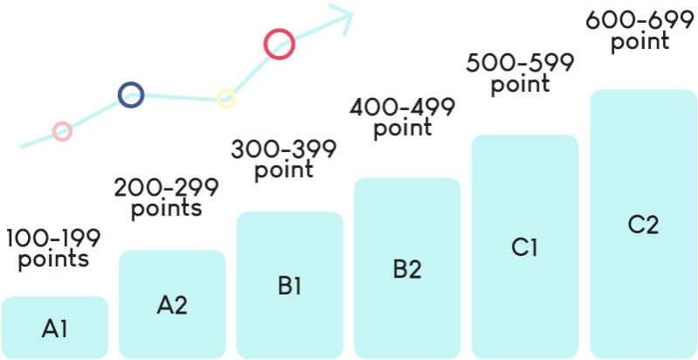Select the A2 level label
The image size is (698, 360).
172,305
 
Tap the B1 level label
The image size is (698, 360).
289,285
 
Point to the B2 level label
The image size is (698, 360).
407,269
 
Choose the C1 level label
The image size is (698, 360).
525,247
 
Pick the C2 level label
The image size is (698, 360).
643,225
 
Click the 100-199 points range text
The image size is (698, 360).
53,248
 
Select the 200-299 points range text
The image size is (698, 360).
166,197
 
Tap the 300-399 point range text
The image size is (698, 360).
284,159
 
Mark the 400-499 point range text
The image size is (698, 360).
402,117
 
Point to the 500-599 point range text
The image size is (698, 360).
520,73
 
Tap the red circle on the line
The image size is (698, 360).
279,44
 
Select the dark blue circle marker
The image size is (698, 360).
130,94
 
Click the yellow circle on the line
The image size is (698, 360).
225,98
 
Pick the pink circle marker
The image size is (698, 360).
61,131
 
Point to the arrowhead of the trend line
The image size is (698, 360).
342,15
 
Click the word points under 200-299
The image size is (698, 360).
166,210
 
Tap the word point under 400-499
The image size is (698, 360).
403,128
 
